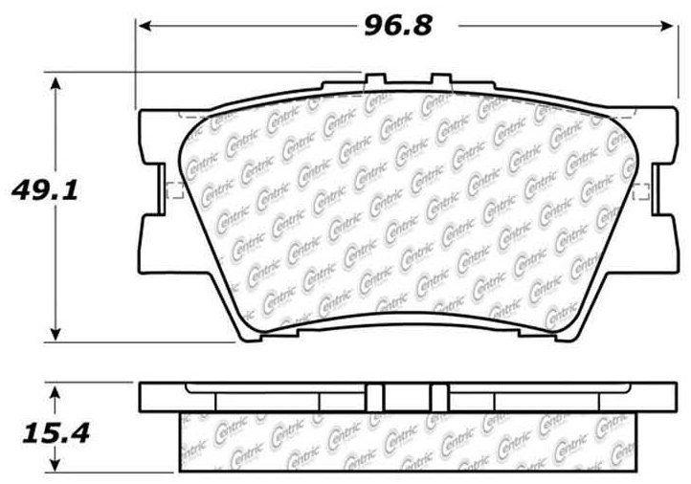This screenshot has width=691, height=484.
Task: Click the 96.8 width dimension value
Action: (x=398, y=26)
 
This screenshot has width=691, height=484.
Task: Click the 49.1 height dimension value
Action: (x=45, y=191)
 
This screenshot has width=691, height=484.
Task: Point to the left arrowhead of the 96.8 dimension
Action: (x=145, y=27)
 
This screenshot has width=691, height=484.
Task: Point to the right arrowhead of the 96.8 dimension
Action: (x=666, y=27)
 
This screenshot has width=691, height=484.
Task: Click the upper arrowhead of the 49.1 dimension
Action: (x=56, y=83)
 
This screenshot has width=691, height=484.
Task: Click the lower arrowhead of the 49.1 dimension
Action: (x=56, y=334)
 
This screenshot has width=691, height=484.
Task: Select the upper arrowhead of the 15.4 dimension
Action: (x=55, y=393)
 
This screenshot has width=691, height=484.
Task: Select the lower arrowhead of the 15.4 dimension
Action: (x=55, y=465)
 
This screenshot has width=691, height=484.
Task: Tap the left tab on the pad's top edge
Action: (x=375, y=78)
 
